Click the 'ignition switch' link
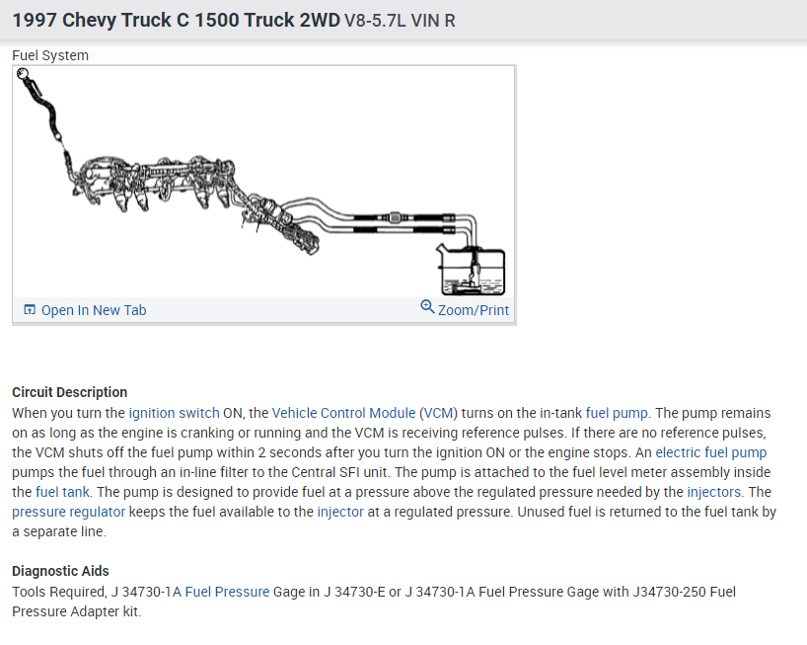[174, 413]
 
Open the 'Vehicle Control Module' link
[343, 413]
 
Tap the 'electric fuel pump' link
[710, 452]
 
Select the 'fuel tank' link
[62, 492]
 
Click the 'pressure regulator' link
[68, 512]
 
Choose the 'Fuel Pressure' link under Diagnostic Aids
[227, 592]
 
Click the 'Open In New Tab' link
[94, 310]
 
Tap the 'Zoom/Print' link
[473, 310]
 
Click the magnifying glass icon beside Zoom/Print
[427, 306]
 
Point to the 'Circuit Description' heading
[69, 392]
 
